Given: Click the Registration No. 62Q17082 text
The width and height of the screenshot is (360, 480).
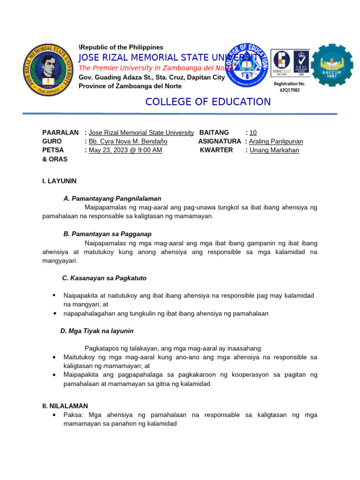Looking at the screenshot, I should (x=289, y=87).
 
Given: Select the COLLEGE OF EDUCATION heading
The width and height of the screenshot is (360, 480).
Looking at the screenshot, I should (x=208, y=102).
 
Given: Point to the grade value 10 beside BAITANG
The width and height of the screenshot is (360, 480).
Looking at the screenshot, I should (x=253, y=133).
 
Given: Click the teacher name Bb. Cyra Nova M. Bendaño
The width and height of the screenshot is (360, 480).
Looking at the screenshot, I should (x=128, y=141).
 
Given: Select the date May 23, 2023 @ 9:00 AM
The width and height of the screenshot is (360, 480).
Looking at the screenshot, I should (x=125, y=150).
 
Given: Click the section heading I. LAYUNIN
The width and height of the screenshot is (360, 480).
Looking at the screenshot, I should (x=59, y=181).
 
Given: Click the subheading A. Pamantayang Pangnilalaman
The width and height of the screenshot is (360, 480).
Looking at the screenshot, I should (x=112, y=198).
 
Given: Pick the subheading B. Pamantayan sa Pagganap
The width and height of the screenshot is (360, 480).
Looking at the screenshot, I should (x=107, y=233).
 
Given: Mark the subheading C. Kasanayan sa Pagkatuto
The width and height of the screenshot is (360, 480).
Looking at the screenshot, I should (x=104, y=278).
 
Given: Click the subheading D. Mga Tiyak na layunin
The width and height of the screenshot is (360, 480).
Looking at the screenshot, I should (x=97, y=331).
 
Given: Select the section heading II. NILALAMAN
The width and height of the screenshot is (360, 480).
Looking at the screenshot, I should (x=65, y=406).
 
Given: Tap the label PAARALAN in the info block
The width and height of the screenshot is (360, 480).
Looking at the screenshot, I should (x=60, y=133).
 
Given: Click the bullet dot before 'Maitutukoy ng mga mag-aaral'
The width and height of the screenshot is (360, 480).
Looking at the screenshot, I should (x=55, y=357).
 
